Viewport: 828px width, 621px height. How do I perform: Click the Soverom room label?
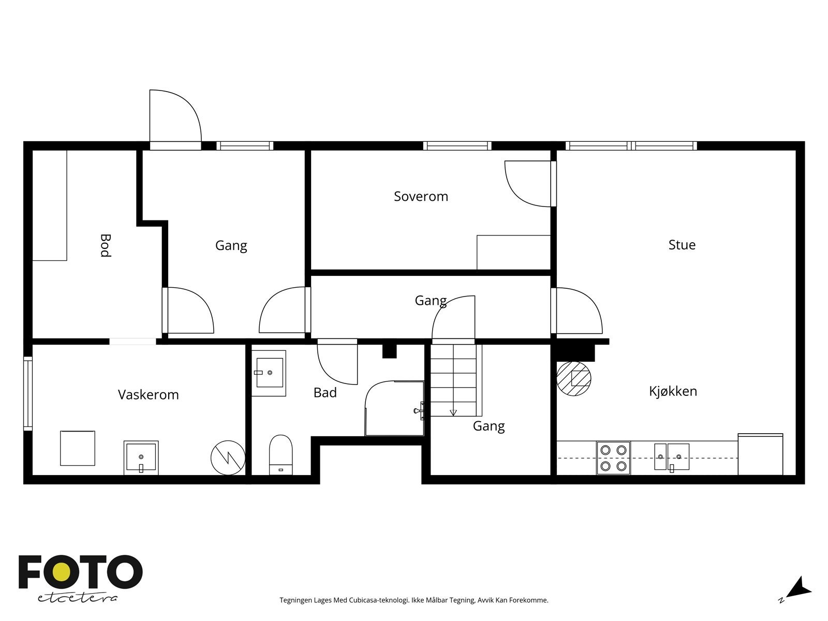[x=421, y=197]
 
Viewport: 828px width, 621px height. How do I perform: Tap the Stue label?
[x=682, y=245]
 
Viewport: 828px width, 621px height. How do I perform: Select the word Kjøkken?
[x=673, y=391]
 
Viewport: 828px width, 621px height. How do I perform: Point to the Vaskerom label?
[x=148, y=395]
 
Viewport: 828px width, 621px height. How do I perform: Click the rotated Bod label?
[x=106, y=245]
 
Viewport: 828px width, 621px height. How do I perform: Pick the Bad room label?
[x=325, y=392]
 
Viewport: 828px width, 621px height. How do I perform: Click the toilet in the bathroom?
[x=280, y=455]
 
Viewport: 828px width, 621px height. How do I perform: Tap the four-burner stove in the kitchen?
[x=613, y=458]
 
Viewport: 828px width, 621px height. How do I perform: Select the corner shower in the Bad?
[x=394, y=408]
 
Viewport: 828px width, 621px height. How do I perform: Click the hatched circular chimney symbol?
[x=574, y=379]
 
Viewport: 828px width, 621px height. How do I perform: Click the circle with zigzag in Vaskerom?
[x=228, y=458]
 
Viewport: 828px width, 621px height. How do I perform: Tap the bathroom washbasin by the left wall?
[x=269, y=373]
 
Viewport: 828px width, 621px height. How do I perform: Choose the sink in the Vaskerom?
[x=141, y=457]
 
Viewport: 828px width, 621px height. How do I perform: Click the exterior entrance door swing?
[x=175, y=116]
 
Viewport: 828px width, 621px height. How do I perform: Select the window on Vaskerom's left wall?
[x=28, y=394]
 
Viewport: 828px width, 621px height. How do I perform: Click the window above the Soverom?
[x=457, y=146]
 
